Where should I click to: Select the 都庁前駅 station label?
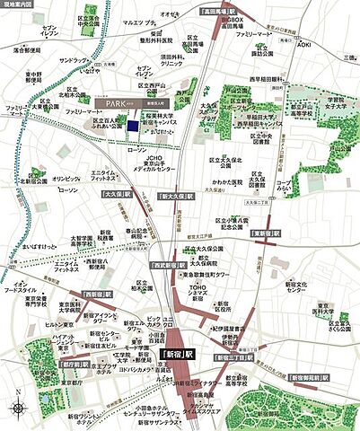tap(28, 365)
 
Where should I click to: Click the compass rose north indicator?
tap(19, 406)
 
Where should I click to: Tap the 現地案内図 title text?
tap(18, 4)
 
